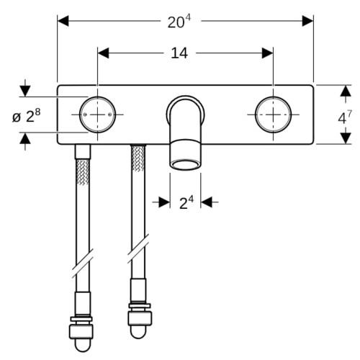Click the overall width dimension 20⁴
[179, 22]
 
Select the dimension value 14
[179, 53]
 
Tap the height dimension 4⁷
[345, 117]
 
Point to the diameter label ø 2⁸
[27, 116]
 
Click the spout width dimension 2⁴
[186, 203]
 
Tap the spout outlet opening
[185, 165]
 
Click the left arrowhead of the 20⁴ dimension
[63, 21]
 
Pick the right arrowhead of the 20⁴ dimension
[307, 21]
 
